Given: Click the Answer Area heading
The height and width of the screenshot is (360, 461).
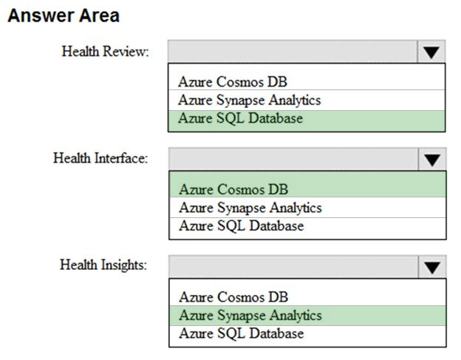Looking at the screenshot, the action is [x=64, y=16].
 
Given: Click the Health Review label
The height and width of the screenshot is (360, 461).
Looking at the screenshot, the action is [x=105, y=52].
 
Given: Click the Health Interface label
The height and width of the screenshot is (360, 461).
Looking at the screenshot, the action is [x=100, y=158].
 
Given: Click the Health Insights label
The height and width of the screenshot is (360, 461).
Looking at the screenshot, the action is [x=103, y=265].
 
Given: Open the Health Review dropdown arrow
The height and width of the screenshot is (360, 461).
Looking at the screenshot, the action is [x=431, y=52].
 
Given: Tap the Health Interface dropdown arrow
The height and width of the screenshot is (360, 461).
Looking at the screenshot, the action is [x=432, y=160].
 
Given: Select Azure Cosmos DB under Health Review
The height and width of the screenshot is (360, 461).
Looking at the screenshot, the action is [x=233, y=82].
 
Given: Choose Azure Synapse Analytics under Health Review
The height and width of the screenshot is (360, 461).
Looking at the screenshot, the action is [x=249, y=101].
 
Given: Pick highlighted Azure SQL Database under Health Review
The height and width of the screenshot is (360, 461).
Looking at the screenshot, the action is [x=241, y=118].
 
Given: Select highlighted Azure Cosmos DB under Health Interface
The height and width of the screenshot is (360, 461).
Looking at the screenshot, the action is [x=233, y=189].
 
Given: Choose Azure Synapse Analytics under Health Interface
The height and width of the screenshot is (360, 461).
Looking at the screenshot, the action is [x=250, y=208].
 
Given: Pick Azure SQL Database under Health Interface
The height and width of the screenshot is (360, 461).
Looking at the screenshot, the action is [x=242, y=226].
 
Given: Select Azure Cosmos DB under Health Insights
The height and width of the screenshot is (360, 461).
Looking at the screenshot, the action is [x=233, y=296].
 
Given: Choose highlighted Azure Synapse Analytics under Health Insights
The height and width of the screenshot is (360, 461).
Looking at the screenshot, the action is [x=250, y=316].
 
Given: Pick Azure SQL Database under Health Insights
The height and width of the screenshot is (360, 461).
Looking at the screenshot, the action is [x=242, y=333].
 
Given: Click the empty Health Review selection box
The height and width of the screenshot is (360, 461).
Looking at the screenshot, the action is [x=293, y=52].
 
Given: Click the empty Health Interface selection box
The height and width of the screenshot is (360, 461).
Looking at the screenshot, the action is [x=293, y=160].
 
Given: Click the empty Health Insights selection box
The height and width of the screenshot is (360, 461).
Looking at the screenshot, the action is [x=293, y=267].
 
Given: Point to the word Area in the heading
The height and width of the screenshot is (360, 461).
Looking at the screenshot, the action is [x=99, y=16].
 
